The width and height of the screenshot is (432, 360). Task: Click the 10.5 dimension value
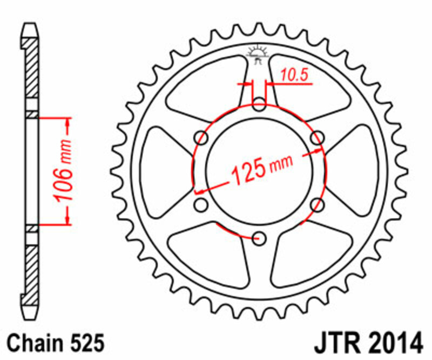pyautogui.click(x=295, y=76)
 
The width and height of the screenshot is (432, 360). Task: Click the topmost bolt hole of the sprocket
pyautogui.click(x=260, y=104)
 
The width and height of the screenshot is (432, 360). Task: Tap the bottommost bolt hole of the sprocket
pyautogui.click(x=260, y=237)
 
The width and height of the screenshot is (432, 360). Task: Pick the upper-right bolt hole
pyautogui.click(x=317, y=137)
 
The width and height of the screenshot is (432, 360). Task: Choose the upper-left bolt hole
pyautogui.click(x=202, y=137)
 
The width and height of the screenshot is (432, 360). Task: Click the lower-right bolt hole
pyautogui.click(x=317, y=204)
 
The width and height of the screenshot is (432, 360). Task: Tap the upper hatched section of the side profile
pyautogui.click(x=32, y=70)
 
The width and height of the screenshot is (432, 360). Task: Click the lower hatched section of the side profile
pyautogui.click(x=32, y=270)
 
